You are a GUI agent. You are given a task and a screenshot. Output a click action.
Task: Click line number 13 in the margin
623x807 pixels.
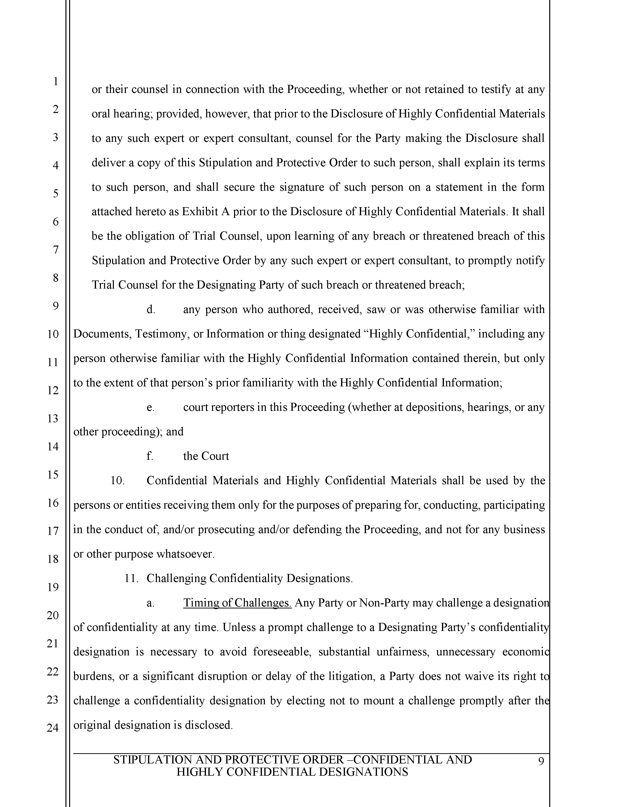(53, 418)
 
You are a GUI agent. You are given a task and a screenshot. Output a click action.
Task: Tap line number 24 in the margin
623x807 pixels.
(53, 728)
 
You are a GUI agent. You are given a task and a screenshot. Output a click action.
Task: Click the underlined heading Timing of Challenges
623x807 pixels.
(237, 603)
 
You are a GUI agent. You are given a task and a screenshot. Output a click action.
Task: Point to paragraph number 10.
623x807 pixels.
(117, 481)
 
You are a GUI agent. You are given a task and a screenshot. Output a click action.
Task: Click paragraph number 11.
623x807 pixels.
(131, 578)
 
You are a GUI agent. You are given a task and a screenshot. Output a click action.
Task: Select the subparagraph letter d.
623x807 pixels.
(150, 310)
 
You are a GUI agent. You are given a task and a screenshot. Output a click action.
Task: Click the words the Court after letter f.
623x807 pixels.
(206, 456)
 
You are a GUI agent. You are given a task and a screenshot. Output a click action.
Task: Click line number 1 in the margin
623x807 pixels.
(55, 81)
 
